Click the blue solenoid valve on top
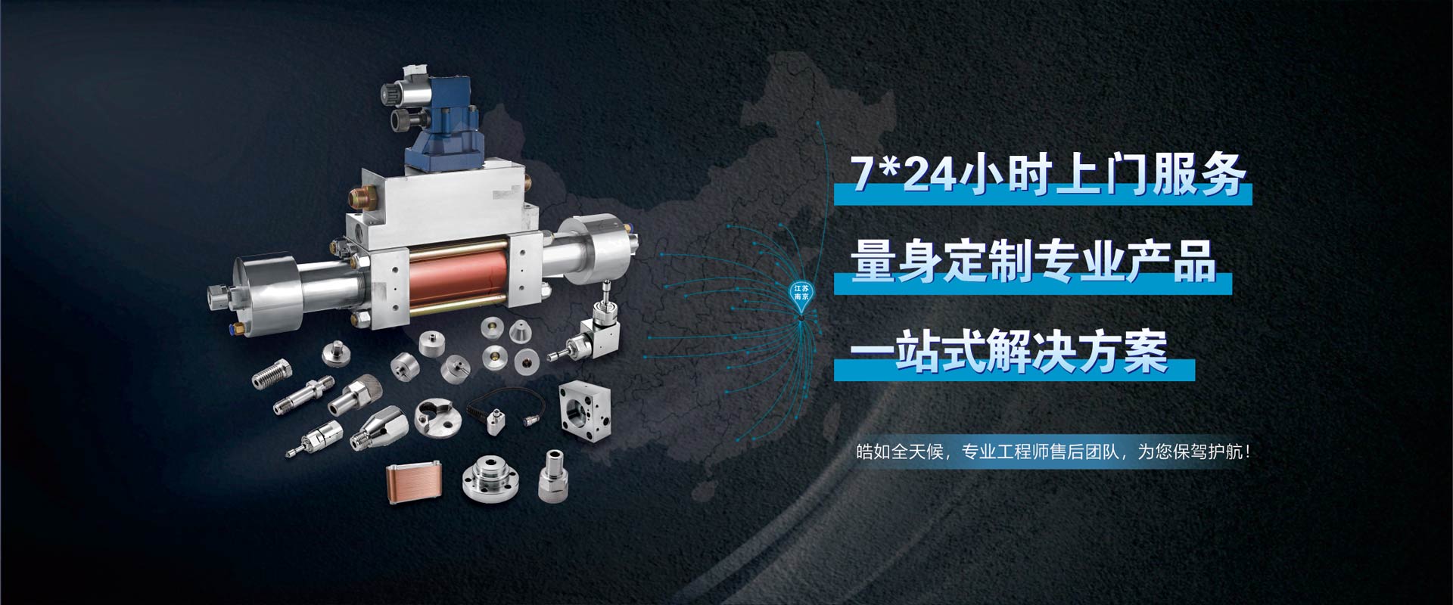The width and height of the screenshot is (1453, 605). [428, 121]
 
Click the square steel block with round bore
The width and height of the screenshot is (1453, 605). [585, 414]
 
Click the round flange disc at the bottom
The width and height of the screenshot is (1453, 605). [490, 479]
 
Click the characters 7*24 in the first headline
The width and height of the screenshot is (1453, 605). [902, 174]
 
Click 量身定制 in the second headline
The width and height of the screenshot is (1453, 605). [943, 262]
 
